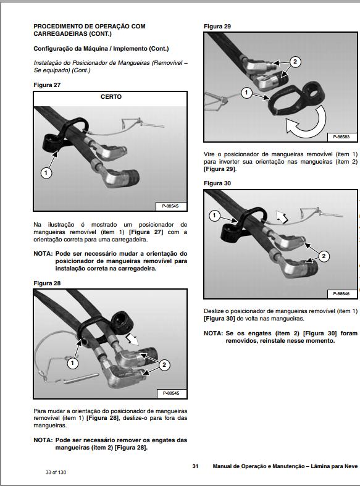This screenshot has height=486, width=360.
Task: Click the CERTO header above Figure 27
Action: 111,97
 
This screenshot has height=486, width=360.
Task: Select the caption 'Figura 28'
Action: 47,283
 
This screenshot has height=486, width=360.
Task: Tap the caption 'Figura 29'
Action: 217,27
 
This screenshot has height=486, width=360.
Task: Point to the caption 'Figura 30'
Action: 217,183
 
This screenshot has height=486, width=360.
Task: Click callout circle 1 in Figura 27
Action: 46,173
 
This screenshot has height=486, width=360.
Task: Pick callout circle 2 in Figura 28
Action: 164,365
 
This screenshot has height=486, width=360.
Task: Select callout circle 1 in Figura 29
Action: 246,93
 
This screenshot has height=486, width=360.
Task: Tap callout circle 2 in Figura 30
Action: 325,256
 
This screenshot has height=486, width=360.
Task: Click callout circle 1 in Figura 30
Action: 214,216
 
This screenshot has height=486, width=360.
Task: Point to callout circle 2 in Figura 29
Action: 295,62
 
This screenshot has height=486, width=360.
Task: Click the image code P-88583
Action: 341,136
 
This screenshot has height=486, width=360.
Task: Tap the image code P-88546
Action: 341,293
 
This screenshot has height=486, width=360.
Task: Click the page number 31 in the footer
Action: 195,466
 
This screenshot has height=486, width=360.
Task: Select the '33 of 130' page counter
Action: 51,473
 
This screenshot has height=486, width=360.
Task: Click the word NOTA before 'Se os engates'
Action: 214,333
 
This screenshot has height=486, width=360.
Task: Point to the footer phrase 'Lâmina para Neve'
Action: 333,466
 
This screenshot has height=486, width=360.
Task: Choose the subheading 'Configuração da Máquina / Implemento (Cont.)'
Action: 101,48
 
